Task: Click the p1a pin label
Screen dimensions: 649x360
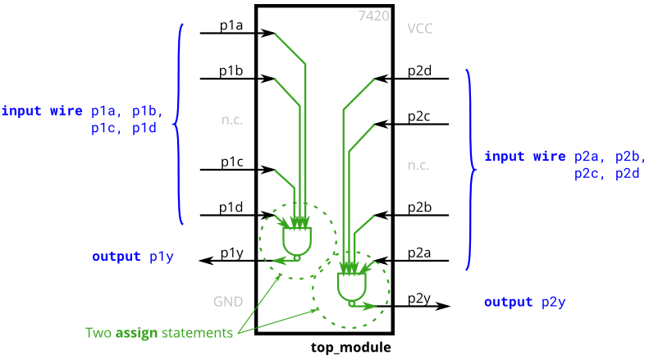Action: (x=231, y=25)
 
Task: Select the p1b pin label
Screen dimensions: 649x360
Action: (x=231, y=71)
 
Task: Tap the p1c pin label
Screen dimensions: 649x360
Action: (x=231, y=162)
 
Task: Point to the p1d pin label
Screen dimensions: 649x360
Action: (x=231, y=207)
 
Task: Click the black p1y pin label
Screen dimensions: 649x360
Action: (x=231, y=253)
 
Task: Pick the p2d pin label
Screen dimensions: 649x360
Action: (x=419, y=71)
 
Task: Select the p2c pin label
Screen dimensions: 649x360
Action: (x=419, y=116)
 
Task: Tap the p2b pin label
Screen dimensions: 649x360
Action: (x=419, y=207)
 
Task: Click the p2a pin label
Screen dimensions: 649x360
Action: (x=419, y=253)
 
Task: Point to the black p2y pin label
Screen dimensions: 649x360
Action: (x=419, y=298)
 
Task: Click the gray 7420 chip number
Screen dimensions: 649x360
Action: (x=374, y=16)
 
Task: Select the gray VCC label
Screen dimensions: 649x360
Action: (x=420, y=29)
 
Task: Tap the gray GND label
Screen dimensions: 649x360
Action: (x=228, y=302)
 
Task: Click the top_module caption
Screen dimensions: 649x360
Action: (x=350, y=347)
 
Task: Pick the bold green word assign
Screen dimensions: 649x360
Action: (x=136, y=333)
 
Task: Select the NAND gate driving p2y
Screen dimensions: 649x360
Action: (x=352, y=289)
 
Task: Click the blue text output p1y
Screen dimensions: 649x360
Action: (x=133, y=257)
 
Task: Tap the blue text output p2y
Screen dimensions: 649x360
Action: (x=525, y=302)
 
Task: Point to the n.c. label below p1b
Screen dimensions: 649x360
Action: (x=231, y=120)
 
